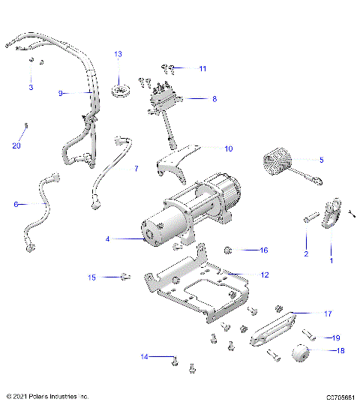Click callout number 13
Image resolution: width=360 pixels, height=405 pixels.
tap(118, 55)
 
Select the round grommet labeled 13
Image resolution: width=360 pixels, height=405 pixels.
tap(118, 89)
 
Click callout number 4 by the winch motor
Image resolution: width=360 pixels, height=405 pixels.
tap(108, 239)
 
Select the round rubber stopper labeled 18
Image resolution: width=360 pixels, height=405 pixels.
tap(299, 353)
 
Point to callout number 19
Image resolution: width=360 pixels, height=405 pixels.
tap(337, 337)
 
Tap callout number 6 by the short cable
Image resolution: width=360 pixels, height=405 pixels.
tap(16, 203)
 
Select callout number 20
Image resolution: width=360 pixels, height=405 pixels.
tap(16, 145)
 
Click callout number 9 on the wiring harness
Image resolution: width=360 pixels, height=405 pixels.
tap(61, 93)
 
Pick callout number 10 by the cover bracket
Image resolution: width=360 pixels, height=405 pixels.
tap(229, 148)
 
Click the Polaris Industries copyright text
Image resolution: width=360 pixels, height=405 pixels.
tap(47, 396)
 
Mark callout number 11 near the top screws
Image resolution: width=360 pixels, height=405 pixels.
tap(202, 68)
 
